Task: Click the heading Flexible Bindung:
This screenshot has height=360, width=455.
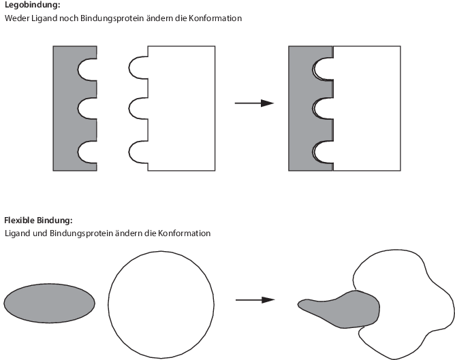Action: coord(38,220)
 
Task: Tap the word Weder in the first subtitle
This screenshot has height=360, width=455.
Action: coord(16,18)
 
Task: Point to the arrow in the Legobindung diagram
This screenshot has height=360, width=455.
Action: coord(253,103)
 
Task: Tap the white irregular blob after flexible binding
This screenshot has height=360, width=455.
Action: coord(405,293)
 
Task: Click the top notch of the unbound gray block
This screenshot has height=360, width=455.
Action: coord(87,68)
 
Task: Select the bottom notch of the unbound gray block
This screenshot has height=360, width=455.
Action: coord(87,152)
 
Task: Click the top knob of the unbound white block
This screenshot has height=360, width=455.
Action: coord(138,68)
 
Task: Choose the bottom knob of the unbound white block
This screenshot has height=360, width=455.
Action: coord(138,152)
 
